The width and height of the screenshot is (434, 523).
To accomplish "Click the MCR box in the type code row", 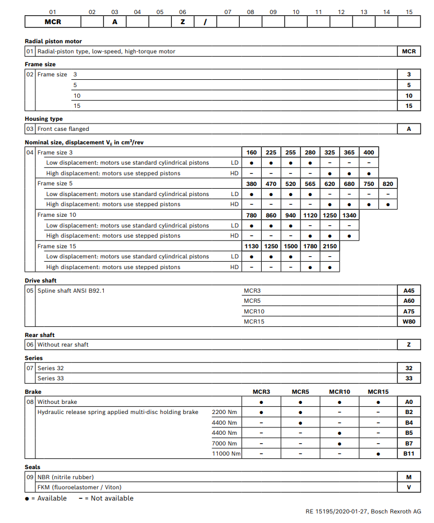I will coord(53,22).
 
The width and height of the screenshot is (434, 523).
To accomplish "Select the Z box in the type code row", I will coord(182,22).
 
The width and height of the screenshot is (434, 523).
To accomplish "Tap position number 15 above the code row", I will coord(409,11).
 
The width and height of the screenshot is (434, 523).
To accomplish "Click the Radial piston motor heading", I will coord(53,41).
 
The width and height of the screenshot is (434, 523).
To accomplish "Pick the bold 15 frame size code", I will coord(409,106).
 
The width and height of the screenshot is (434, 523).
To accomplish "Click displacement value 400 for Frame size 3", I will coord(368,152).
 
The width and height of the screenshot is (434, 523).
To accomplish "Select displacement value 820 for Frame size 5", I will coord(388,184).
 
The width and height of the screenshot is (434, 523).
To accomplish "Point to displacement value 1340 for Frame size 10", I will coord(349,215).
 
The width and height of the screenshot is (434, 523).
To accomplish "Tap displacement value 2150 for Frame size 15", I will coord(330,246).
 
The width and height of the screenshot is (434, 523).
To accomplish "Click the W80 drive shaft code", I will coord(409,321).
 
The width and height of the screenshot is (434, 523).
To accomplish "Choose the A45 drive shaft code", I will coord(409,291).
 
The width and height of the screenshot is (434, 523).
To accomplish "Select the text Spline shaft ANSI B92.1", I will coord(71,291).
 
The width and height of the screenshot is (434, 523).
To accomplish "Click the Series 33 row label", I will coord(51,378).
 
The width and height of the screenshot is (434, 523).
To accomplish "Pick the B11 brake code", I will coord(409,453).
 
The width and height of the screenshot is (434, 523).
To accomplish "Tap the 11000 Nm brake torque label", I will coord(226,453).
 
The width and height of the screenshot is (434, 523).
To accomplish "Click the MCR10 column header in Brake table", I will coord(340,392).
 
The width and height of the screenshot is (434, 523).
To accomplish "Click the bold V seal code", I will coord(409,487).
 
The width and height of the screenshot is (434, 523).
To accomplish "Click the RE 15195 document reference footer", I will coord(363,512).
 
